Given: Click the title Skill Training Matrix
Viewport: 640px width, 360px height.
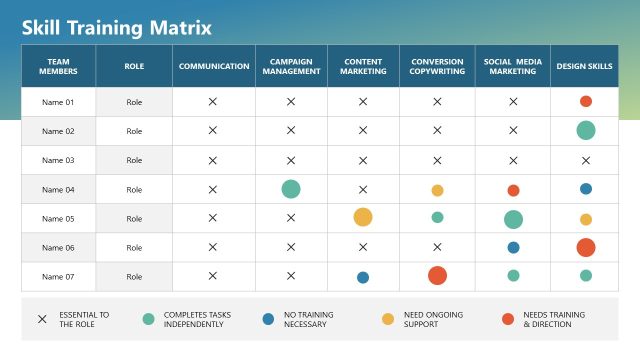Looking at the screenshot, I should pos(117,27).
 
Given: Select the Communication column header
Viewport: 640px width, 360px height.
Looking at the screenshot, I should pos(213,67).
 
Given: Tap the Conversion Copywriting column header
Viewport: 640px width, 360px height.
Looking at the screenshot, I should pos(437,67).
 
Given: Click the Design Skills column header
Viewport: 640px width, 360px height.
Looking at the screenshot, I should pos(585,67).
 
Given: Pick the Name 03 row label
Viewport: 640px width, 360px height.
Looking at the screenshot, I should pos(57,160).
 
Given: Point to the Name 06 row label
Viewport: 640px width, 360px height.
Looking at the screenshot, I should pos(57,247).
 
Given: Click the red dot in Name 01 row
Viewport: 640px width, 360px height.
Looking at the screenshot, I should pos(586,101).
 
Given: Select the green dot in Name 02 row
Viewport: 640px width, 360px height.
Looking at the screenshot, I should pos(586,130).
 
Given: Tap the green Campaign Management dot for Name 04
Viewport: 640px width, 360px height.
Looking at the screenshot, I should pos(291,189).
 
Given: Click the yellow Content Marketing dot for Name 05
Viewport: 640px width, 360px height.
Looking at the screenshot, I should pos(363,217).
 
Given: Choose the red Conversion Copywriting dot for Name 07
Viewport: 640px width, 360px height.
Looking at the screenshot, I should pos(437,276).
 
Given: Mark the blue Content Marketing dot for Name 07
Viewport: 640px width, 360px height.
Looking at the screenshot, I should pos(363,277).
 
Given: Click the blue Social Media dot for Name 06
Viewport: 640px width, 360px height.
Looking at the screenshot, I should pos(513,247).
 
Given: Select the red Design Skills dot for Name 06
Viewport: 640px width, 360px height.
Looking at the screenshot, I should pos(586,247).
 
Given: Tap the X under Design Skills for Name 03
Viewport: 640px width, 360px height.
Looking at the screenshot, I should pos(586,160).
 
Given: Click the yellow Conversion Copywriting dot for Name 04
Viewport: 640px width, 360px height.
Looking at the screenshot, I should pos(437,190).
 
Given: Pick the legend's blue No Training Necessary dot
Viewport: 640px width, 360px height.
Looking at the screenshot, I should pos(268,319).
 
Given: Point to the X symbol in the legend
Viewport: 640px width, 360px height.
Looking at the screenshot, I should pos(42,319).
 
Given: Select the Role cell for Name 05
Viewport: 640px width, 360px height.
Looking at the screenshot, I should pos(134,218).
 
